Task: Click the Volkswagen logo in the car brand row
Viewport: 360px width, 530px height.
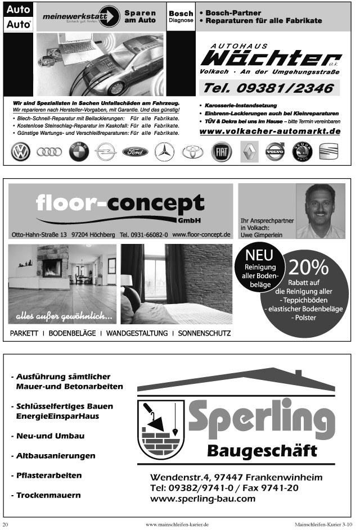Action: click(21, 152)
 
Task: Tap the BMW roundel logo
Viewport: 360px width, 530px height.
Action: click(79, 152)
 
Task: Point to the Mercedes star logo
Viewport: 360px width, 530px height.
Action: click(165, 152)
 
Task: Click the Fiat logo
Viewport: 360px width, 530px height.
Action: click(221, 152)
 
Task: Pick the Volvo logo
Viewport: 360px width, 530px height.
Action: click(275, 152)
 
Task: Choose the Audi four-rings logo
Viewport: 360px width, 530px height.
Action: click(49, 152)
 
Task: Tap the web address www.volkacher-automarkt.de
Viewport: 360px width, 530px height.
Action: click(269, 131)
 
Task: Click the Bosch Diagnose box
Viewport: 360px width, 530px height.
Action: click(181, 16)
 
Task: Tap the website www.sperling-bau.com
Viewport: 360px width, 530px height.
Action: click(203, 499)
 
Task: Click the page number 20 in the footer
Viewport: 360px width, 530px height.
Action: click(5, 524)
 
